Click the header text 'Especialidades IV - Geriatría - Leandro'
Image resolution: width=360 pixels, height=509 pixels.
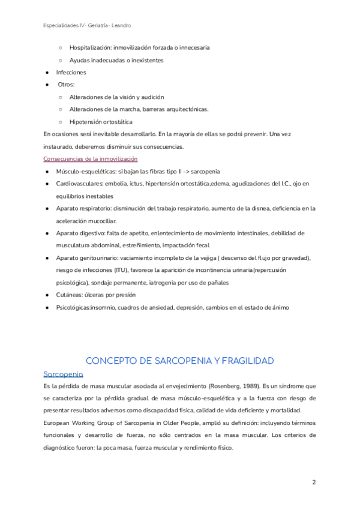click(88, 26)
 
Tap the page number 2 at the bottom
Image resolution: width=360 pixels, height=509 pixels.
click(314, 483)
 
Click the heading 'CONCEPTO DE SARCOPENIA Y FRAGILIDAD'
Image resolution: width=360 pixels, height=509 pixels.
click(180, 361)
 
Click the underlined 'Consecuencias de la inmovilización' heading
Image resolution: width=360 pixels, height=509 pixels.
click(91, 159)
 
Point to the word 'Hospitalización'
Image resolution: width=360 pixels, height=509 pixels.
click(91, 47)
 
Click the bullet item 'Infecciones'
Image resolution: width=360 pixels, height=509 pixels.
click(71, 72)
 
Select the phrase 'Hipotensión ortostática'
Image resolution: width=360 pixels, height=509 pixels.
click(101, 122)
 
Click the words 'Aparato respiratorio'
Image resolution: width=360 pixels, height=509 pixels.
click(82, 208)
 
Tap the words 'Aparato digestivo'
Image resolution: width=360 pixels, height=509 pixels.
click(78, 233)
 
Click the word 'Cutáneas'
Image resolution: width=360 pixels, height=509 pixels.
click(69, 295)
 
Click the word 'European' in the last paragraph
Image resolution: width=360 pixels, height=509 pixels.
click(58, 423)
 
